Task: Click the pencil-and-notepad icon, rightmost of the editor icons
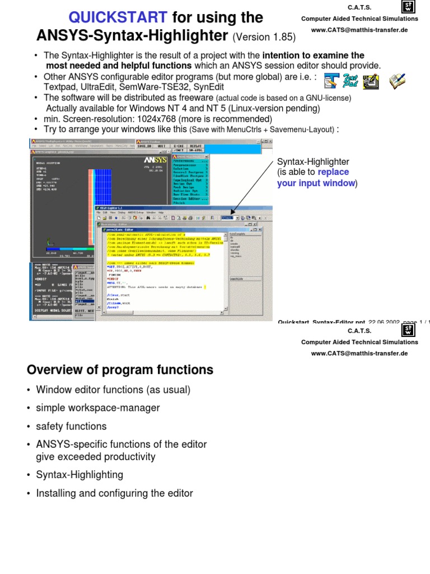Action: tap(398, 82)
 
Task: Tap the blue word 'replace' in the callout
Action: tap(333, 172)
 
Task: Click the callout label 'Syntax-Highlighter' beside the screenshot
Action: tap(313, 162)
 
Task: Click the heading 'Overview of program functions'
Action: tap(120, 370)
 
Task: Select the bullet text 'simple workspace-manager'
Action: tap(98, 408)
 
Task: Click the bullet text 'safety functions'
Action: tap(71, 427)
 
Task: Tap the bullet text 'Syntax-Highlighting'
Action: tap(80, 475)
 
